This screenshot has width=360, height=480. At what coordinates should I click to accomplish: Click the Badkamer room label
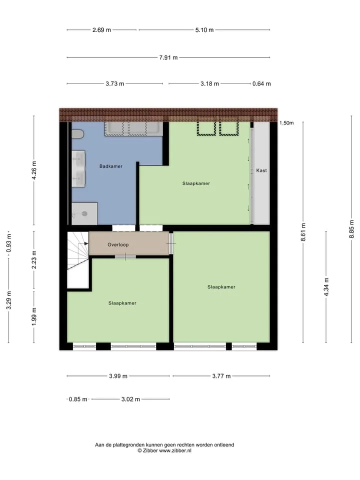pyautogui.click(x=111, y=166)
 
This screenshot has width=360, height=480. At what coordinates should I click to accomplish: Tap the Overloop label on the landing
pyautogui.click(x=118, y=244)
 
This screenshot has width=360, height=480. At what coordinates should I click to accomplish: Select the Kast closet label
pyautogui.click(x=261, y=170)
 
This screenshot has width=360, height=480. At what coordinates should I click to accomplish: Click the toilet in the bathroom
pyautogui.click(x=77, y=134)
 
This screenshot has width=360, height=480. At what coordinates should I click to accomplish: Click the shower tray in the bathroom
pyautogui.click(x=84, y=213)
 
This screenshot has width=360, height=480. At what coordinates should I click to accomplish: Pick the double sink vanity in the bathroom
pyautogui.click(x=78, y=168)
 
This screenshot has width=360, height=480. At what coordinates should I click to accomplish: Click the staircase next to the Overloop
pyautogui.click(x=78, y=260)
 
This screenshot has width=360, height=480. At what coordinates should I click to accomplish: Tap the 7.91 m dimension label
pyautogui.click(x=168, y=57)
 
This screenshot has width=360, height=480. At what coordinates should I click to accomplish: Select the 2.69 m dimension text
pyautogui.click(x=101, y=30)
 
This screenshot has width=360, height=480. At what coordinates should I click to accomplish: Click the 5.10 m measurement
pyautogui.click(x=204, y=30)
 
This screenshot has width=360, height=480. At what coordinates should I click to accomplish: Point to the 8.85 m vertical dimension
pyautogui.click(x=351, y=229)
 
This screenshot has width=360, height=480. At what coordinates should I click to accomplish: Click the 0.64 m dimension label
pyautogui.click(x=261, y=84)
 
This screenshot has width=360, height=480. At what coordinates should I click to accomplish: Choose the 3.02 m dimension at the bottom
pyautogui.click(x=130, y=399)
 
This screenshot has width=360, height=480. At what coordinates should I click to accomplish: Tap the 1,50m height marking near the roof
pyautogui.click(x=286, y=123)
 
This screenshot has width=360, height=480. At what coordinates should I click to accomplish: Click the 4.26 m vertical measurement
pyautogui.click(x=34, y=170)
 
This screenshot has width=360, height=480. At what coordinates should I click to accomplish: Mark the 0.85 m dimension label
pyautogui.click(x=78, y=399)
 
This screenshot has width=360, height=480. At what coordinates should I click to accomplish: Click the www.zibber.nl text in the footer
pyautogui.click(x=175, y=450)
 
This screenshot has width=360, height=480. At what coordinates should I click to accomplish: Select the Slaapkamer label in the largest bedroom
pyautogui.click(x=221, y=287)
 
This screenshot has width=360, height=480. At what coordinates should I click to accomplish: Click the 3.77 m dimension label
pyautogui.click(x=221, y=376)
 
